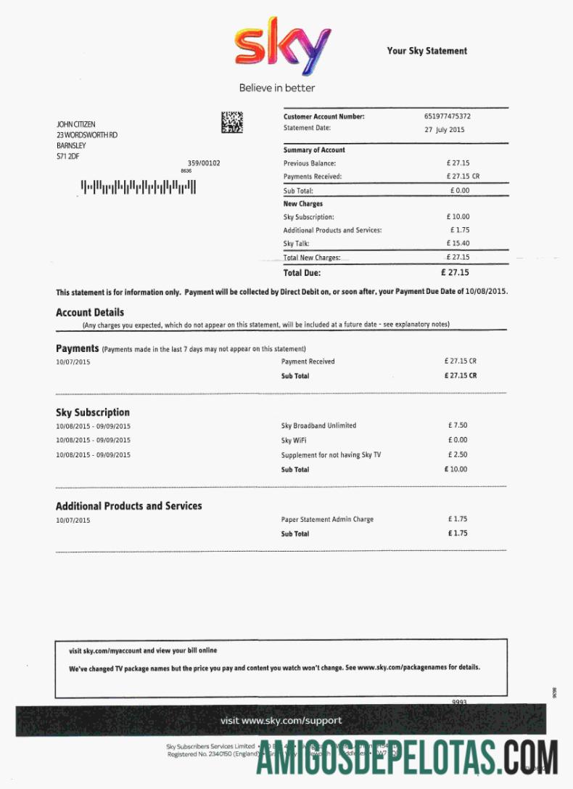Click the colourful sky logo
[282, 50]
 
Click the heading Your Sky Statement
[426, 51]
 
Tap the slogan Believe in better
[277, 88]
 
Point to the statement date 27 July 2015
[445, 130]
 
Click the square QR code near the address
[232, 122]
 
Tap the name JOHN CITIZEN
[75, 125]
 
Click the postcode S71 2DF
[68, 156]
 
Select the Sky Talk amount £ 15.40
[458, 243]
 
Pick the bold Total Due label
[302, 273]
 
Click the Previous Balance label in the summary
[310, 163]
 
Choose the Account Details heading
[90, 312]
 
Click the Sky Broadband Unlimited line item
[318, 425]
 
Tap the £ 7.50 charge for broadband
[458, 425]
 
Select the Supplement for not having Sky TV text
[331, 455]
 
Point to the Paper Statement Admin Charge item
[327, 520]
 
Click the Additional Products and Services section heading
[129, 506]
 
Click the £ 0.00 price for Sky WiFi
[458, 440]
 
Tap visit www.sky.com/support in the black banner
[281, 721]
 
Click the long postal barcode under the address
[138, 188]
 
